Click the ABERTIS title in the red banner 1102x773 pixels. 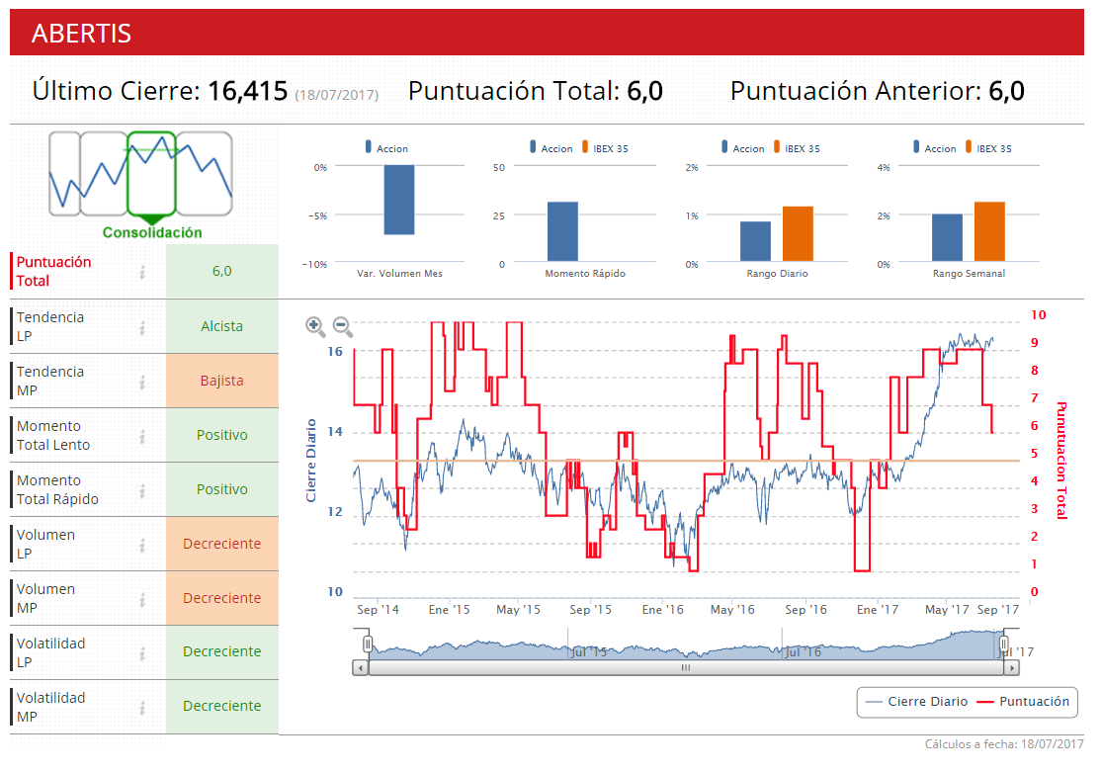[81, 33]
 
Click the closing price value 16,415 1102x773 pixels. [248, 92]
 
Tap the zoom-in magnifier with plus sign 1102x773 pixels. [315, 325]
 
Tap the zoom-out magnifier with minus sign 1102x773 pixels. [342, 325]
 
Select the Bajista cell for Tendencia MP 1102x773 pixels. [221, 381]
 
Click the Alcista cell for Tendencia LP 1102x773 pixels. [221, 326]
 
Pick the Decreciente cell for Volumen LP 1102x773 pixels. [221, 544]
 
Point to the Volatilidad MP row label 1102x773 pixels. [51, 707]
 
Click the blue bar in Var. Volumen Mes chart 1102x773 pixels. [399, 200]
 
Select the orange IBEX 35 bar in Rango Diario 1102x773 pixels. [798, 233]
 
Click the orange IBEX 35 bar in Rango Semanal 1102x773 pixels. [989, 231]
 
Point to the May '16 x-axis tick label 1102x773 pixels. [732, 610]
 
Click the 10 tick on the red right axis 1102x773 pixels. [1038, 315]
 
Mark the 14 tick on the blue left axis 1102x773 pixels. [335, 432]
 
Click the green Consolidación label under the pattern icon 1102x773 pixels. [152, 233]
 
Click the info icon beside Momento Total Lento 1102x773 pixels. [142, 436]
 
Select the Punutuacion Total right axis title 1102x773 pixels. [1062, 460]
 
